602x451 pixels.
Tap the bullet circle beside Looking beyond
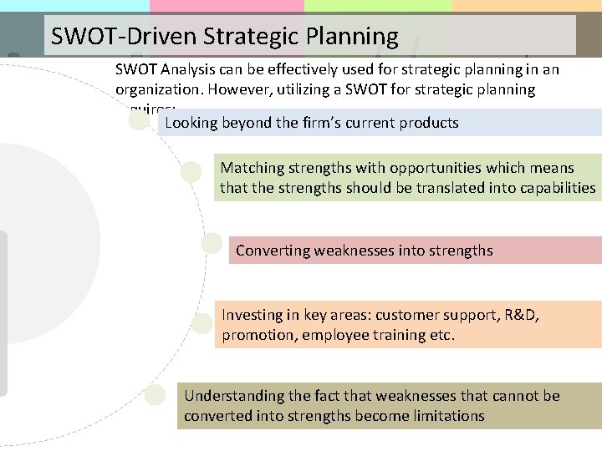[140, 120]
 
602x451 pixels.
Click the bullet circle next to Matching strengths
[191, 172]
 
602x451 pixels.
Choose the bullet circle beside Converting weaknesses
[212, 242]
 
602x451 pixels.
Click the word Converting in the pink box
[273, 250]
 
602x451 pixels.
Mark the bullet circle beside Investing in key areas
[202, 323]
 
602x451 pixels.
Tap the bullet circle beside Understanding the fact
[155, 394]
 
